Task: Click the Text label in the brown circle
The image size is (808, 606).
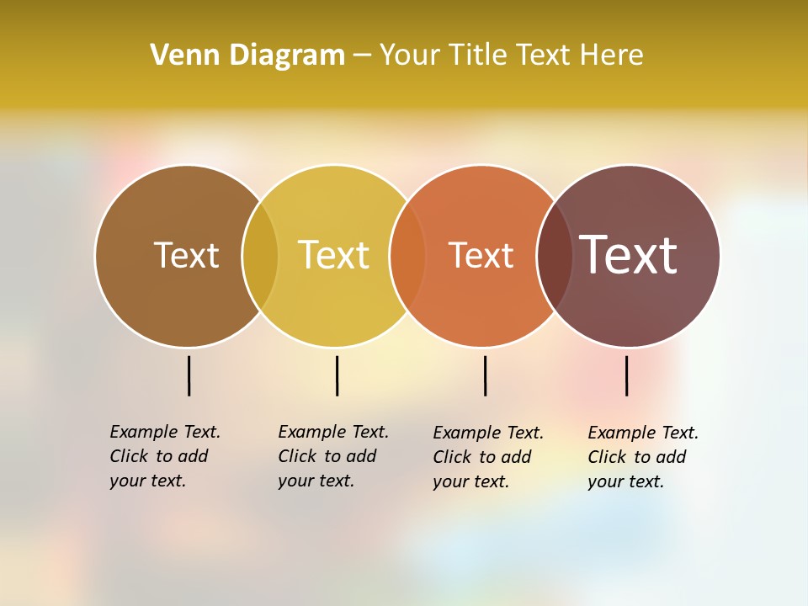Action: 186,255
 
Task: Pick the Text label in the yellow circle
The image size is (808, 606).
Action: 333,255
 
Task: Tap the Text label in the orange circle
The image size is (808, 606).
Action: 481,255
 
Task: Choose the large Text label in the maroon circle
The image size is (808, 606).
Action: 628,255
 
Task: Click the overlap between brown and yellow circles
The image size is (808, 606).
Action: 260,255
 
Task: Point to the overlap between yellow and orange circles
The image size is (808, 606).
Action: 407,255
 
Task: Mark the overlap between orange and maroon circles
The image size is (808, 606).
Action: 555,255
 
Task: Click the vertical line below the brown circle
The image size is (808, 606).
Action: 189,375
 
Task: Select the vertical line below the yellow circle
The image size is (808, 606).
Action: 337,375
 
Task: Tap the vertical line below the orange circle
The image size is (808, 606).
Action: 485,375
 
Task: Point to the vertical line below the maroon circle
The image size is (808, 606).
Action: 626,375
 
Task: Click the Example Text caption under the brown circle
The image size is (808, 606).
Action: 165,456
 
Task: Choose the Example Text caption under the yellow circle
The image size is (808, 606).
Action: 333,456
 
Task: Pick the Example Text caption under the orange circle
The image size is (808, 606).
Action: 488,457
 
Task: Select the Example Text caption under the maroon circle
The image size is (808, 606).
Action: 643,457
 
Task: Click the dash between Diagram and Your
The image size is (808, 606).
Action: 362,56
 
